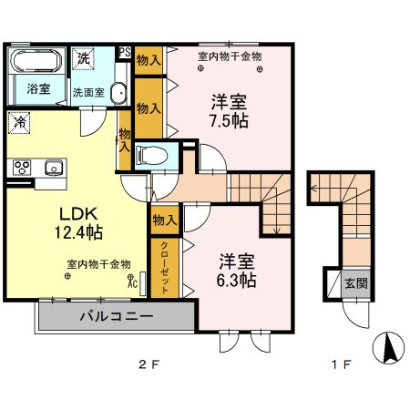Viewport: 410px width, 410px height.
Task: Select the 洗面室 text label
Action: pos(88,92)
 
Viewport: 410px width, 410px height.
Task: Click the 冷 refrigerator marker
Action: pos(20,120)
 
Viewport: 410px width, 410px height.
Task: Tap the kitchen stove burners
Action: pos(21,167)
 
